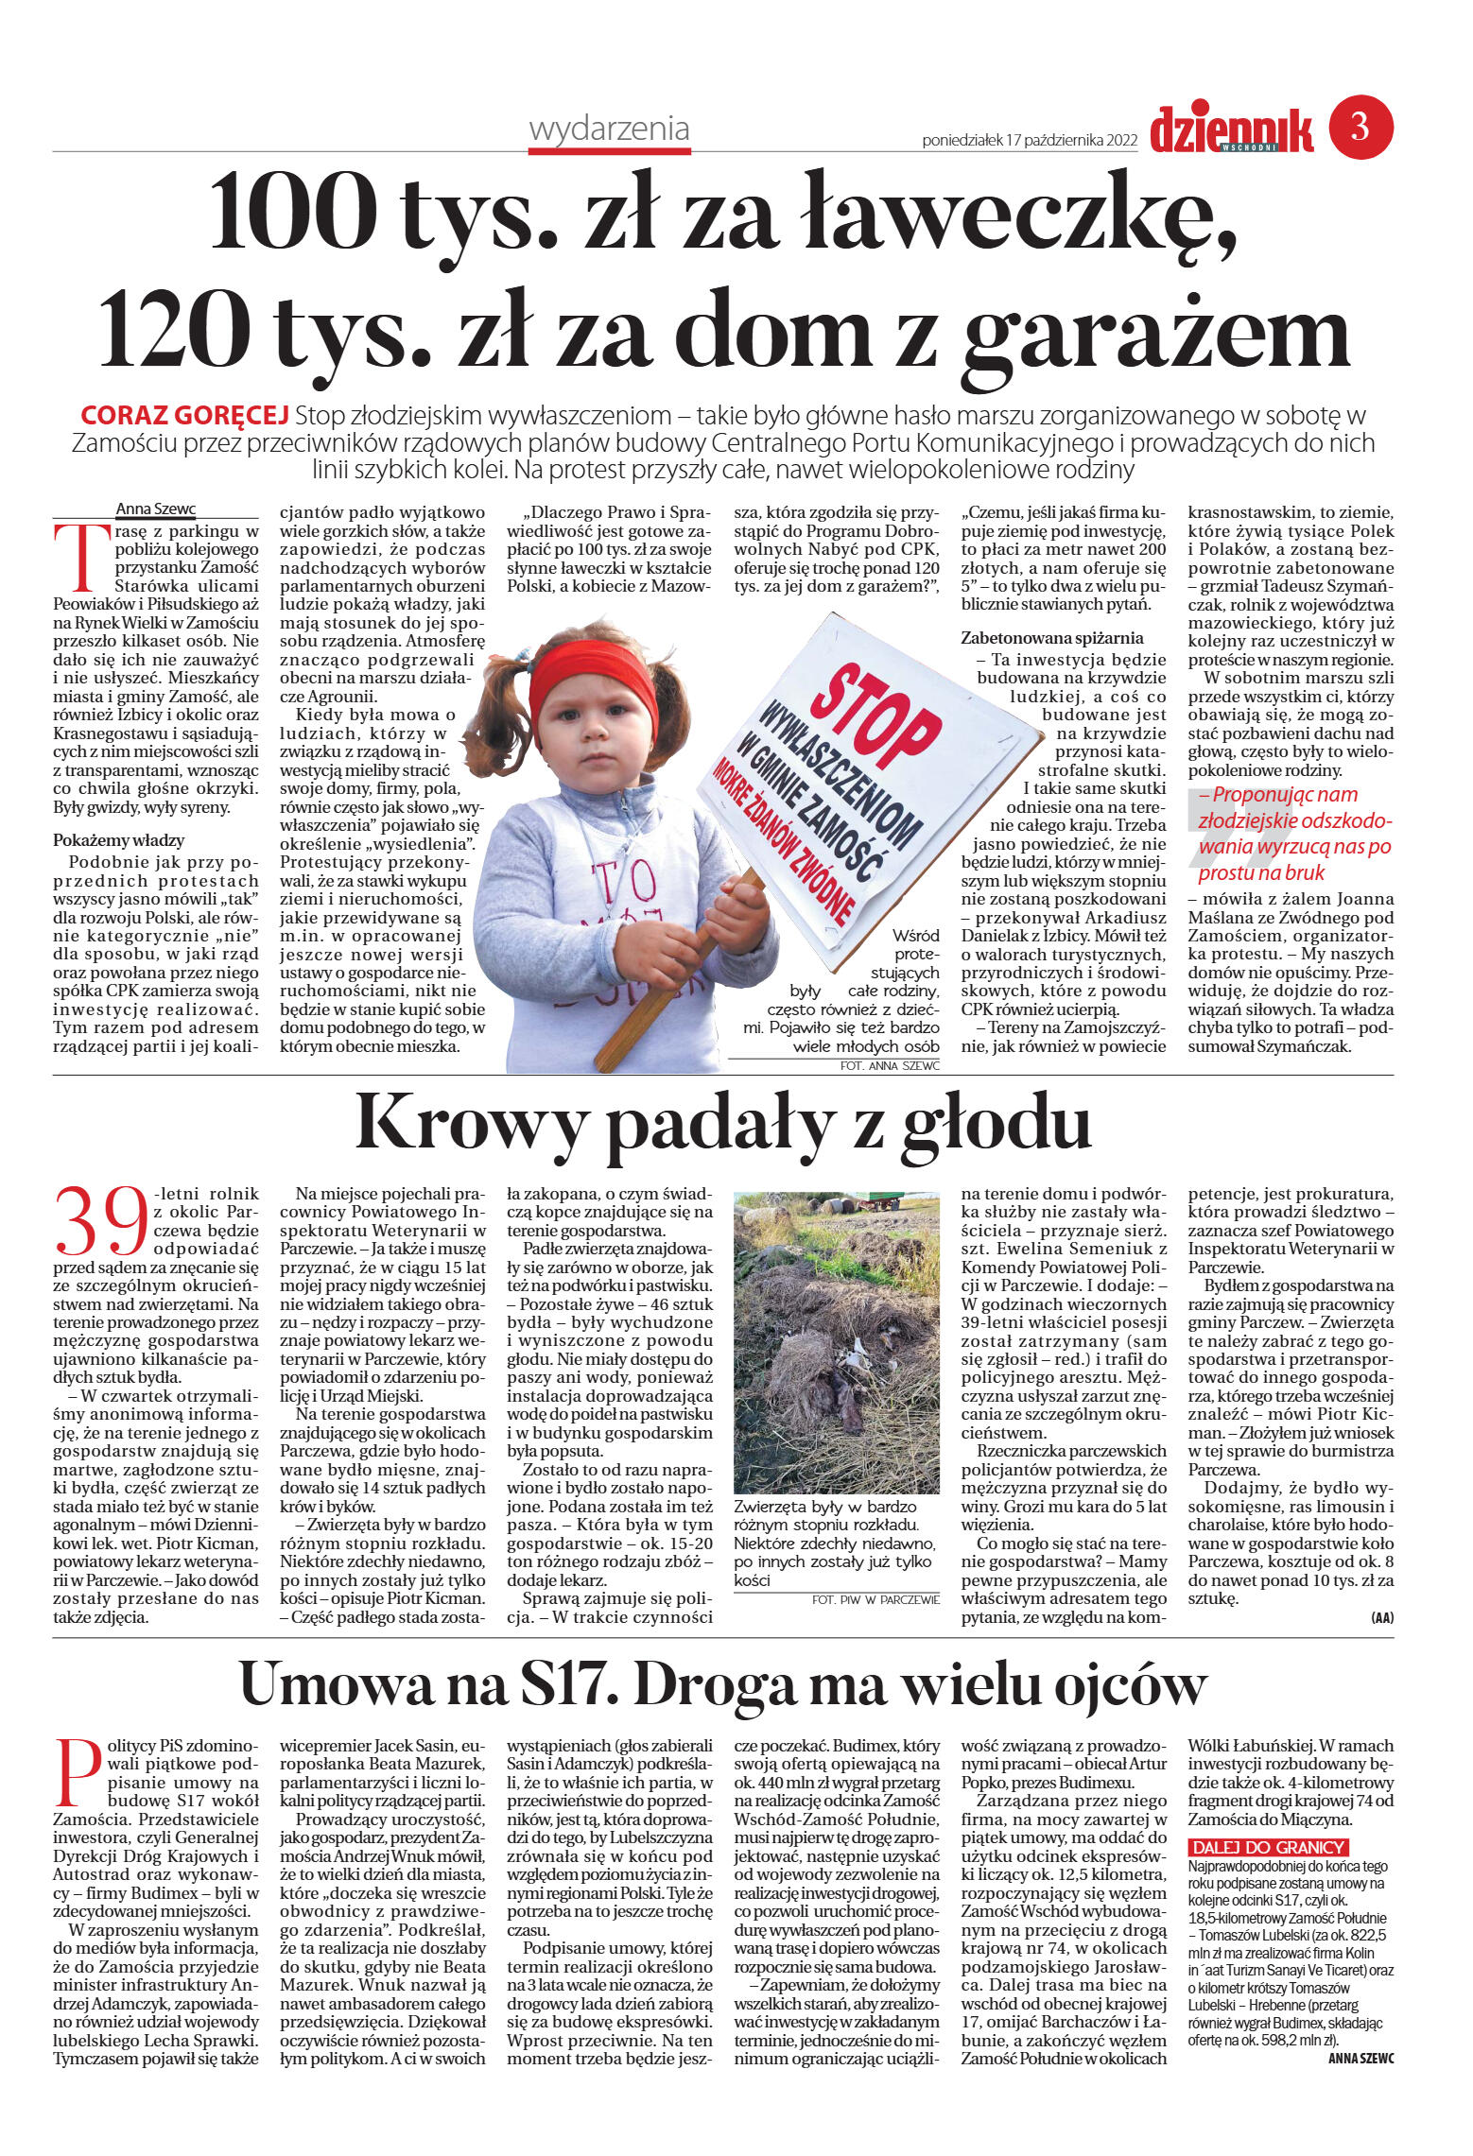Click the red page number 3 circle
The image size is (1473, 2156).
click(1360, 127)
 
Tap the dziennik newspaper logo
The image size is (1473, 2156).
click(1231, 129)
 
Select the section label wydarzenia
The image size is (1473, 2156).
click(609, 129)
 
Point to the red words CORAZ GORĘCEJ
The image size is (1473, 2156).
click(184, 416)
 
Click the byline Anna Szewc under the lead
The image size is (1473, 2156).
click(155, 509)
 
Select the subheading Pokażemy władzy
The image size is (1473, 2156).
click(119, 839)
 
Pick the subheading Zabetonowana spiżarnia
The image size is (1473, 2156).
click(1051, 638)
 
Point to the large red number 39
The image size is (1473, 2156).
click(102, 1220)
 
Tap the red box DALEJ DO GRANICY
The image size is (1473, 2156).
click(1268, 1848)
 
